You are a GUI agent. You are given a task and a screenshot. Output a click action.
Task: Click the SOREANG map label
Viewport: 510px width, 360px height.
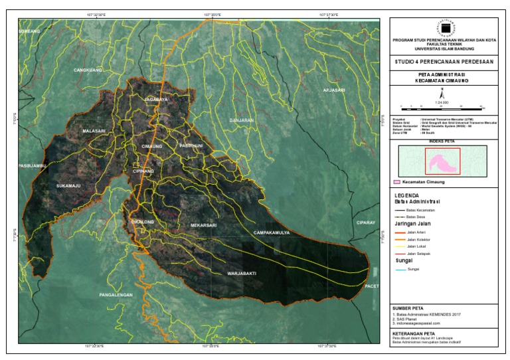29,31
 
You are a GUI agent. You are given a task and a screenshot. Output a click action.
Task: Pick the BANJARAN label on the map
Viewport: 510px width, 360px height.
241,120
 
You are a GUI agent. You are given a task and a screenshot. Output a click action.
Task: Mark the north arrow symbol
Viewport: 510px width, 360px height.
442,94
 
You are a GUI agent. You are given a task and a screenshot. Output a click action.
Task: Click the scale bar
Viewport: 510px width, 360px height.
442,106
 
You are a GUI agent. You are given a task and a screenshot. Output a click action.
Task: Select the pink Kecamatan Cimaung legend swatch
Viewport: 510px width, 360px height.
396,181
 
